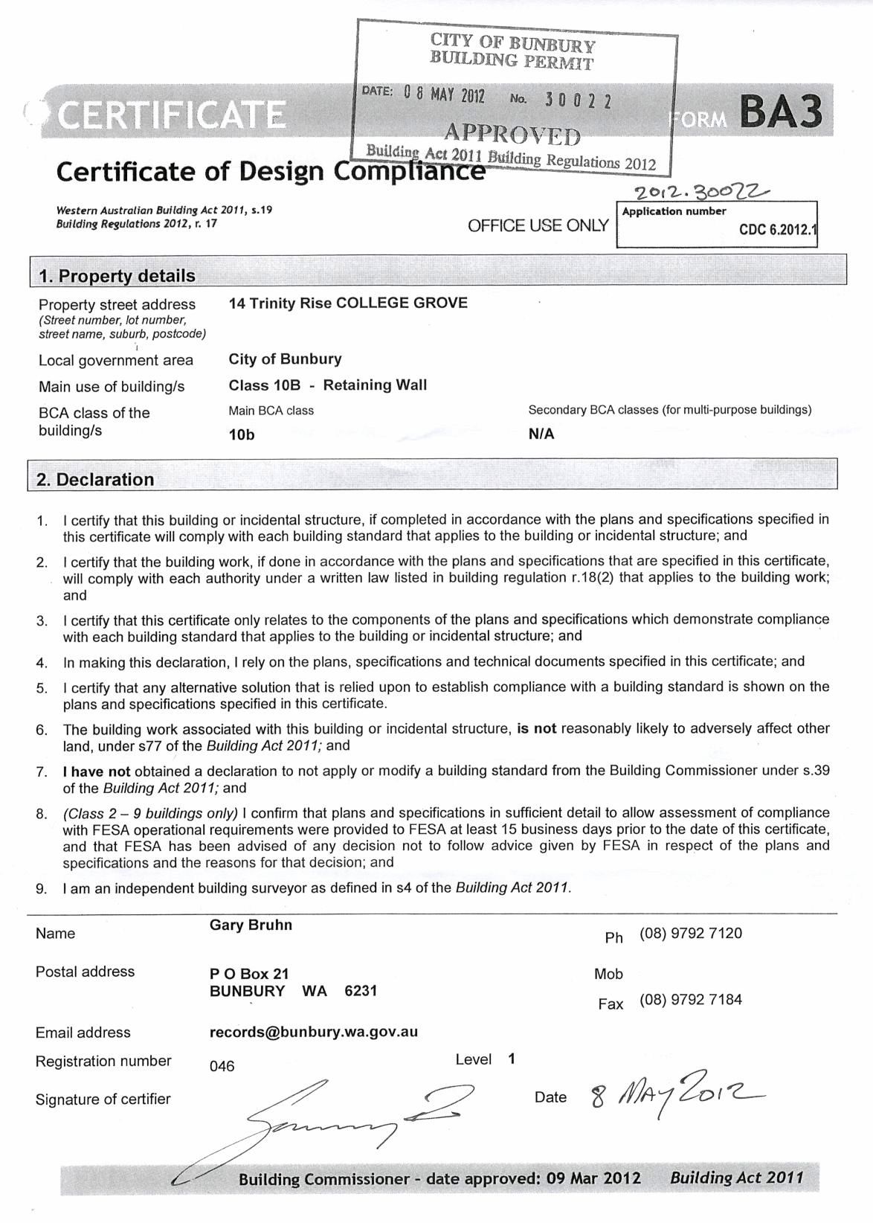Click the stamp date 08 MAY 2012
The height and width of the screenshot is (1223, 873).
(x=444, y=95)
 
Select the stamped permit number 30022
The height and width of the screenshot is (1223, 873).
(x=578, y=100)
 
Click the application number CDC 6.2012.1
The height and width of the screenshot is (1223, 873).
(x=776, y=230)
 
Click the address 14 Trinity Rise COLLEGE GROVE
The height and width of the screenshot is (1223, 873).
(x=348, y=303)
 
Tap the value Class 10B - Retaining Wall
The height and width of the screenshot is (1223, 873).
(x=328, y=385)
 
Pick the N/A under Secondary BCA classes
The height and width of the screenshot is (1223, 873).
(x=541, y=434)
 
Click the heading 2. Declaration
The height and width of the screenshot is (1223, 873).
(x=95, y=480)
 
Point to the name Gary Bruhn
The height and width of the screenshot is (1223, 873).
(x=251, y=925)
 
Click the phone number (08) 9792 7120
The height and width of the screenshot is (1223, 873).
(x=691, y=933)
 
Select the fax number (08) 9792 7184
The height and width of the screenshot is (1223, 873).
(x=691, y=999)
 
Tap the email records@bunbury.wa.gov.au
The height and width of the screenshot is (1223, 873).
(x=314, y=1032)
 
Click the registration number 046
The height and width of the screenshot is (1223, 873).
(x=222, y=1066)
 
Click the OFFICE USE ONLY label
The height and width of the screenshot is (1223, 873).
(x=538, y=225)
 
